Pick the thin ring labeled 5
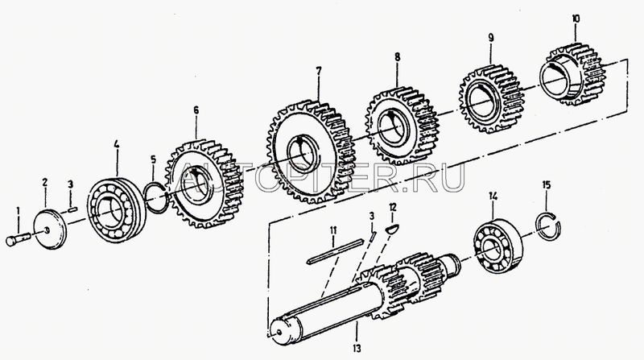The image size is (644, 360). (155, 196)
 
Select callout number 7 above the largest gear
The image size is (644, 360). (318, 71)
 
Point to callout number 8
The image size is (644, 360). (396, 58)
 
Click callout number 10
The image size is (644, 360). (576, 17)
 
